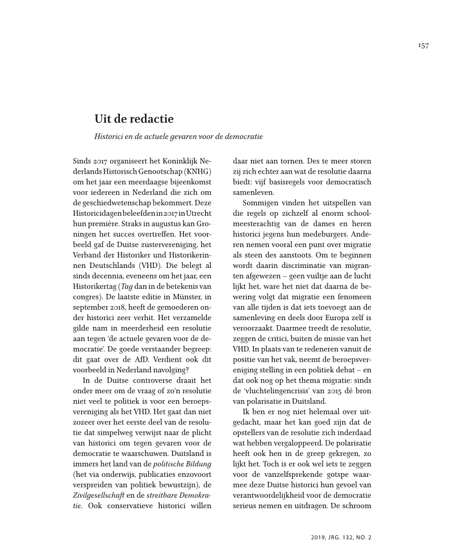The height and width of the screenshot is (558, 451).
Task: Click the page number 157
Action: coord(422,46)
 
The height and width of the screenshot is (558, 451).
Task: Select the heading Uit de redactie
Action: coord(134,119)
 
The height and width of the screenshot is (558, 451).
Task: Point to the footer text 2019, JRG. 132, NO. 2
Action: coord(341,537)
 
